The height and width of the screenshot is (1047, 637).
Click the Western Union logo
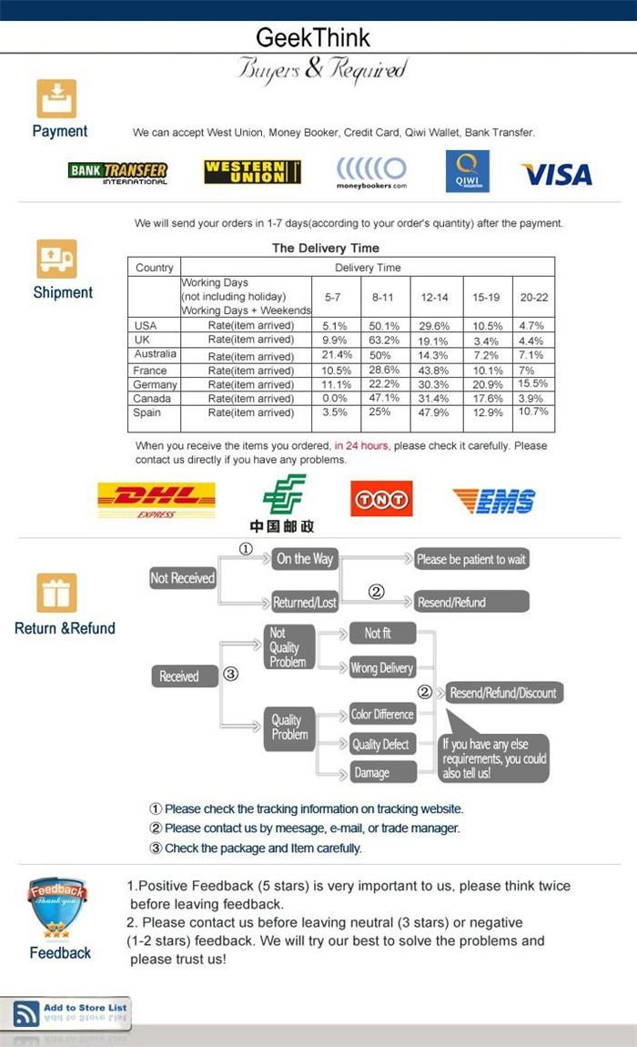click(252, 171)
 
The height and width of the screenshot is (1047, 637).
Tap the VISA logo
click(556, 174)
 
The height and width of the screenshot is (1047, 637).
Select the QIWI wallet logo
click(467, 171)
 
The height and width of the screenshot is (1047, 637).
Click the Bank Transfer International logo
click(117, 172)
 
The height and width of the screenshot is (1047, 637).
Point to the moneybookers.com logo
click(371, 172)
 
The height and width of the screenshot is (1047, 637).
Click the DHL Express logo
click(157, 500)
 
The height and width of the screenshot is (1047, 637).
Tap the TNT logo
click(381, 498)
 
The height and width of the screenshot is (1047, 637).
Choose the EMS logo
click(494, 500)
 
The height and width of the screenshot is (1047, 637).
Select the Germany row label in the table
click(155, 385)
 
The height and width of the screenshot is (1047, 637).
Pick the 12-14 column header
click(434, 298)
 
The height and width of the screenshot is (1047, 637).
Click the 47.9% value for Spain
click(434, 412)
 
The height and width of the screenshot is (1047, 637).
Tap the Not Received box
click(182, 578)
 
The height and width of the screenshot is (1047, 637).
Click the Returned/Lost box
click(304, 602)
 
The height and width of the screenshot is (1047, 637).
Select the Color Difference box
click(382, 715)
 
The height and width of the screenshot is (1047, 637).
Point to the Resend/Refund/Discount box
click(503, 693)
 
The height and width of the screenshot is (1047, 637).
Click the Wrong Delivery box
click(382, 668)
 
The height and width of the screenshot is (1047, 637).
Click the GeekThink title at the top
click(313, 37)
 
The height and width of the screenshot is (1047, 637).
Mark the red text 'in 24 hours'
click(361, 446)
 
